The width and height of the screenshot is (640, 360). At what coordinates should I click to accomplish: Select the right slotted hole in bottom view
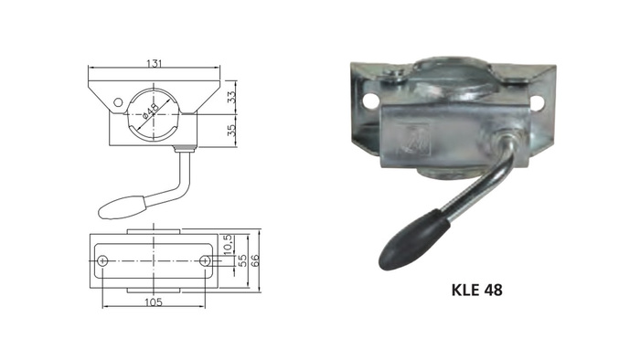click(x=204, y=261)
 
